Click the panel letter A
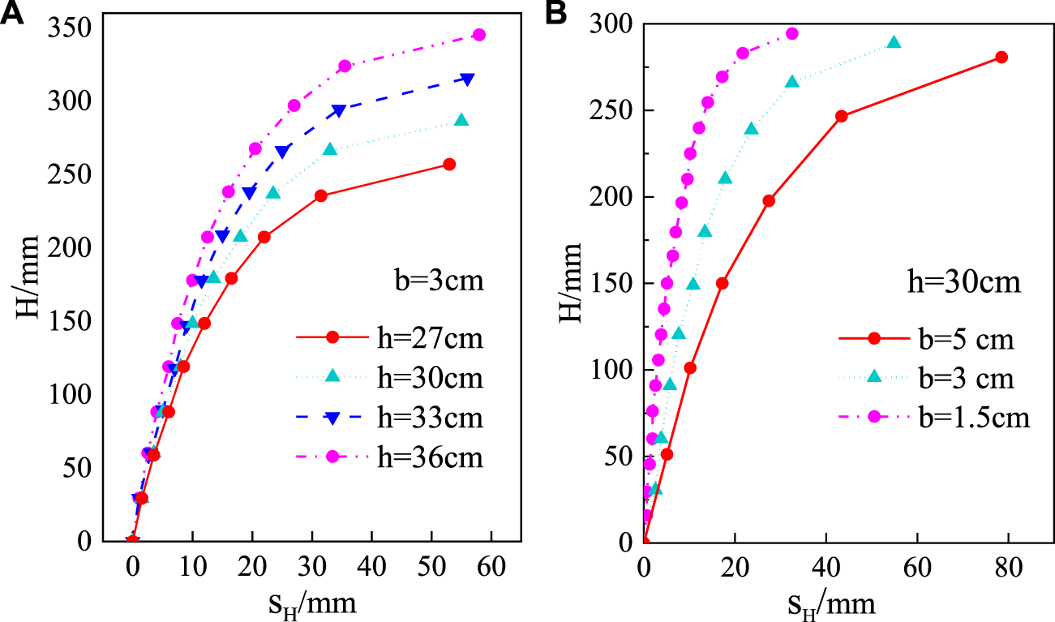14,15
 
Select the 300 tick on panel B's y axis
613,24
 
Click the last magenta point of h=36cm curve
478,35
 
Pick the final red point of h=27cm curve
449,165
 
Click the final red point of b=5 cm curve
1001,57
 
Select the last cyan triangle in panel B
894,42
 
